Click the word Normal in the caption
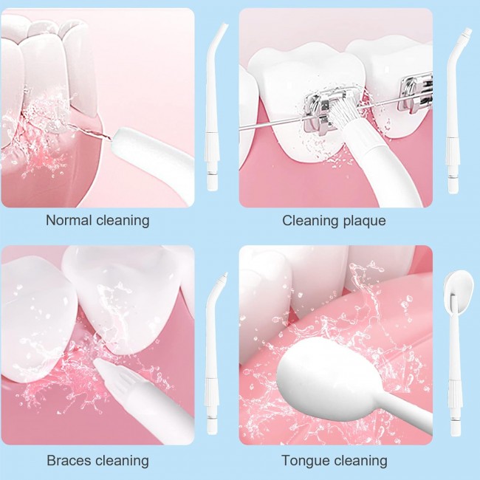click(x=69, y=220)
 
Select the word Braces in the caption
click(x=69, y=460)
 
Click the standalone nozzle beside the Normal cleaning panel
click(x=213, y=107)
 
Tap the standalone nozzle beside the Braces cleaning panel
click(x=213, y=352)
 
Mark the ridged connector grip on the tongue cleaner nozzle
click(x=455, y=395)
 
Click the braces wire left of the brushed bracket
click(x=271, y=125)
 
